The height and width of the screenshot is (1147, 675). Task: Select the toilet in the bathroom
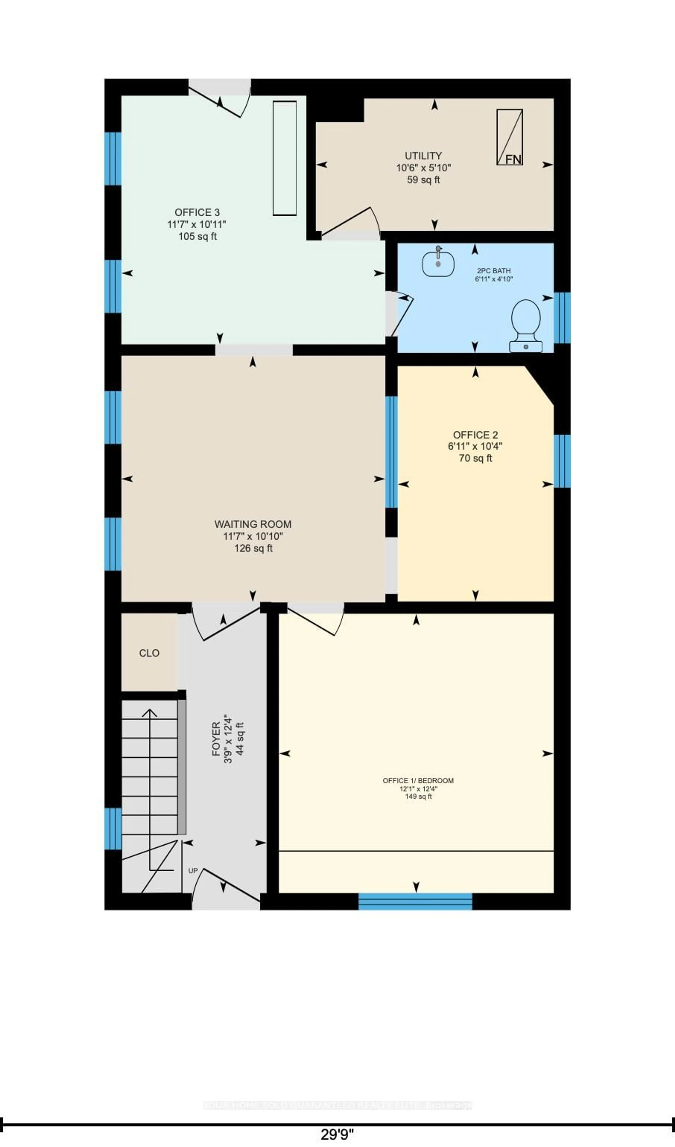tap(526, 325)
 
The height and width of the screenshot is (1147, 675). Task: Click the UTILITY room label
tap(423, 156)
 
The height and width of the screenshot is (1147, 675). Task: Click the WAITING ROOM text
tap(253, 524)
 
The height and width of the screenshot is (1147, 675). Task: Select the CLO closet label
tap(149, 653)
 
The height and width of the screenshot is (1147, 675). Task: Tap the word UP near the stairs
tap(193, 870)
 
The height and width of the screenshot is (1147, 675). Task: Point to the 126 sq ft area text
tap(253, 548)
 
